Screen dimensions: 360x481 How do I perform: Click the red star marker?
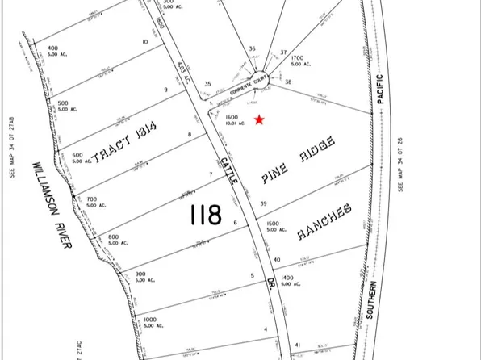point(259,120)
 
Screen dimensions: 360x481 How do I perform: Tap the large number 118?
point(206,215)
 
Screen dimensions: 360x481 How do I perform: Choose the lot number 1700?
point(296,59)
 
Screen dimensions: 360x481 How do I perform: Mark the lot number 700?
point(91,199)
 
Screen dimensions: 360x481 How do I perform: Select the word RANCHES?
point(325,222)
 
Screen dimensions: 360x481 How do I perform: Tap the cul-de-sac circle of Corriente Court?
point(259,75)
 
